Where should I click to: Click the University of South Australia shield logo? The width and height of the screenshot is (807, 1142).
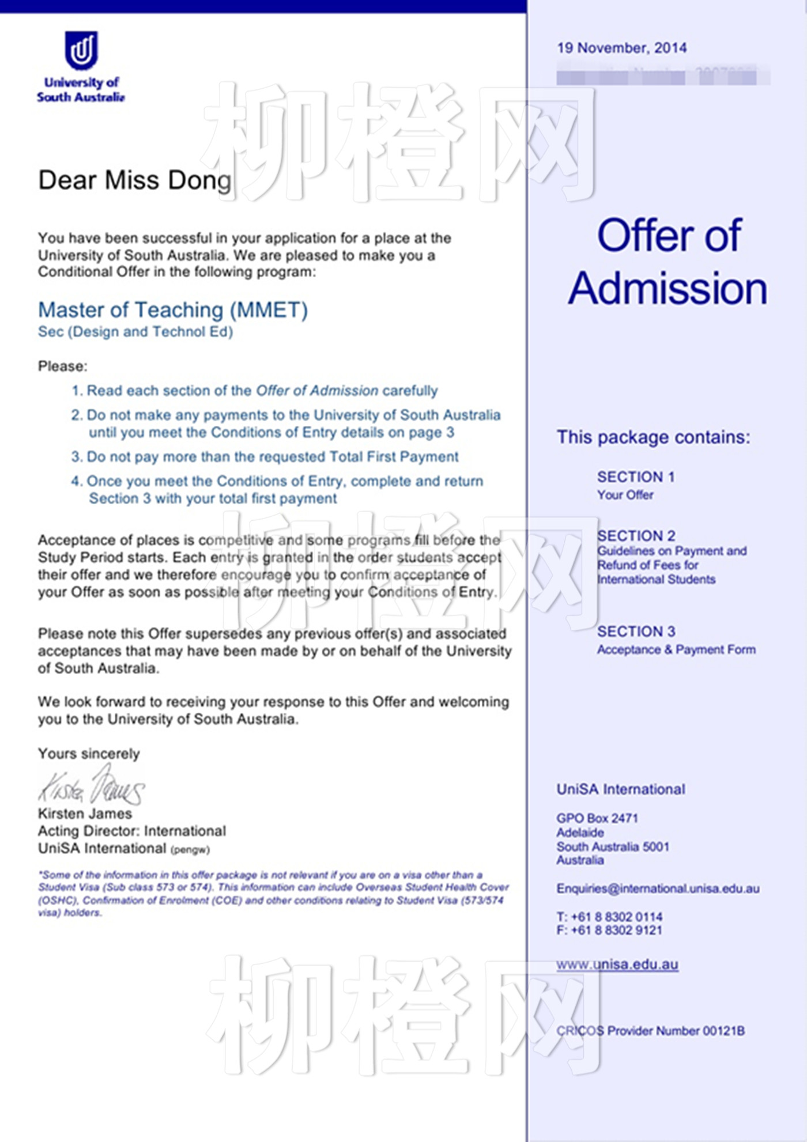[x=81, y=50]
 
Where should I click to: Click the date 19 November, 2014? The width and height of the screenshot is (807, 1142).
[x=621, y=48]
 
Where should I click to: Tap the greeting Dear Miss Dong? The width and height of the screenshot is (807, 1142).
[x=135, y=180]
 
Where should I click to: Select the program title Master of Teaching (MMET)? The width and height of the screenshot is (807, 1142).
[x=173, y=310]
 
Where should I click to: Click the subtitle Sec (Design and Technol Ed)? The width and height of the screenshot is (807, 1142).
[x=135, y=332]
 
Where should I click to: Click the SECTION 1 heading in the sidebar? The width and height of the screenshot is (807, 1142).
[x=636, y=477]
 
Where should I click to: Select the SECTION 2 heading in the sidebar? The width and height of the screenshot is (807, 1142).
[x=636, y=536]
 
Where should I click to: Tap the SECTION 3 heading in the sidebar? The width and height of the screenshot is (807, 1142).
[x=636, y=631]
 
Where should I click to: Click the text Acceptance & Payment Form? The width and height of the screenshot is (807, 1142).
[x=676, y=650]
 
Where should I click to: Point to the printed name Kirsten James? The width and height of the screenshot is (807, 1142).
[x=85, y=814]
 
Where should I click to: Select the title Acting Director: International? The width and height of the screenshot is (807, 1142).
[x=132, y=831]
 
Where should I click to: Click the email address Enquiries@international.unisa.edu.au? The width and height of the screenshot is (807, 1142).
[x=658, y=888]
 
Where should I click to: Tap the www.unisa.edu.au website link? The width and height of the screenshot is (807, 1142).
[x=617, y=965]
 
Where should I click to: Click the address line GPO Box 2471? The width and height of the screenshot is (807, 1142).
[x=597, y=818]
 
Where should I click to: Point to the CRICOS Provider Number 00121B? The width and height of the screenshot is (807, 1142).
[x=650, y=1031]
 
